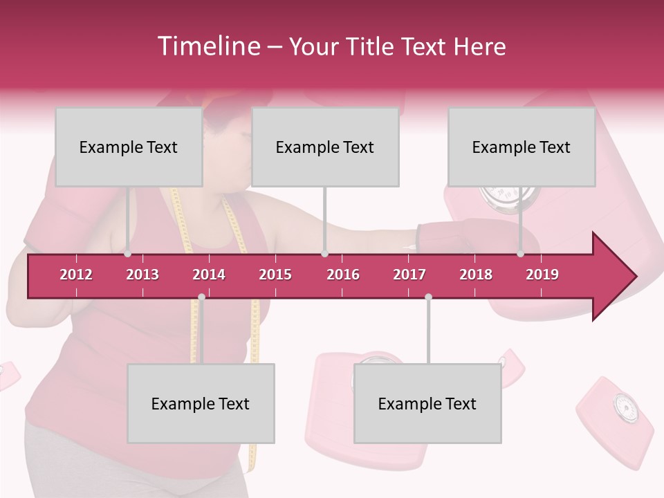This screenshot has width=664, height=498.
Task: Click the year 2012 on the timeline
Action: (x=76, y=275)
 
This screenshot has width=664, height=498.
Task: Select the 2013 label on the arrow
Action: (x=142, y=275)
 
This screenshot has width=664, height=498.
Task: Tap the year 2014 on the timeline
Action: (x=209, y=275)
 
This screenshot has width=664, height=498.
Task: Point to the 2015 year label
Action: (x=275, y=275)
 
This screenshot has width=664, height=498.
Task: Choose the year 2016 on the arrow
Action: (x=343, y=275)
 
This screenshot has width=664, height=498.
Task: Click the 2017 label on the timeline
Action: (x=409, y=275)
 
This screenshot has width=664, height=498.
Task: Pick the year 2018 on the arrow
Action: (x=476, y=275)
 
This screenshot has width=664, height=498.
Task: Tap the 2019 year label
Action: (x=542, y=275)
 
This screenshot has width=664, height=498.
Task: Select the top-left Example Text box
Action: (x=129, y=147)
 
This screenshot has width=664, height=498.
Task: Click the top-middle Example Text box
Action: (x=325, y=147)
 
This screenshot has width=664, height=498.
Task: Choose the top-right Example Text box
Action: (x=522, y=147)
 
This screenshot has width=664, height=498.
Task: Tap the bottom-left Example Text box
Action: (x=201, y=403)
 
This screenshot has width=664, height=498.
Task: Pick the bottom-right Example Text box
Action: (x=427, y=403)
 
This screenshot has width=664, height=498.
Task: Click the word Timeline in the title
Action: (x=208, y=46)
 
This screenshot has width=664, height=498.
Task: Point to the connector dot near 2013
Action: (x=128, y=253)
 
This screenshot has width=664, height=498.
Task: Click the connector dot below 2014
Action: (x=201, y=297)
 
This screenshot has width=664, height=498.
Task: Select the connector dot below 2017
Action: (x=428, y=297)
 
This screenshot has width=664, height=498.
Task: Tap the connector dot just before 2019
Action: (x=521, y=253)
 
